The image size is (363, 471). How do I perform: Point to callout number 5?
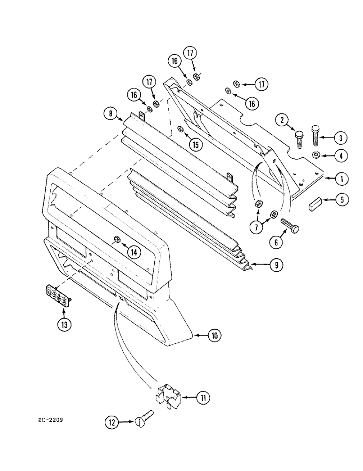pos(342,200)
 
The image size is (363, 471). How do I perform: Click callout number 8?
pos(110,114)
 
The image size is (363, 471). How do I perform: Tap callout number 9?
pos(276,266)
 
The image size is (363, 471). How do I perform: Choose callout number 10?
pos(214,335)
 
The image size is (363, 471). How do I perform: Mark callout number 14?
pos(134,252)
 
